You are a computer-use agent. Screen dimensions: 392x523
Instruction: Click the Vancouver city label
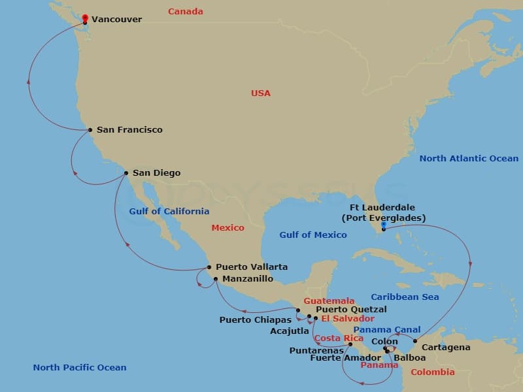116,20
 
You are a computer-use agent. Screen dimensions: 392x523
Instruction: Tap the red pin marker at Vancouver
86,18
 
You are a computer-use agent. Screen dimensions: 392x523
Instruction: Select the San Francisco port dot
90,130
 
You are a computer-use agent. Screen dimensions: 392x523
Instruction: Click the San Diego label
156,173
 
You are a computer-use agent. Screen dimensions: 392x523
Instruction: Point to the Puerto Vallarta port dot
209,267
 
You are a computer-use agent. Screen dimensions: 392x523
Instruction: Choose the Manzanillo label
248,279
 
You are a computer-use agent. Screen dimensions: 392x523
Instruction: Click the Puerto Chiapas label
255,320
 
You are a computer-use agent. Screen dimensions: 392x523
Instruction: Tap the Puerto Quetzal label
351,309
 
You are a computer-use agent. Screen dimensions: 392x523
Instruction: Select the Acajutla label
290,331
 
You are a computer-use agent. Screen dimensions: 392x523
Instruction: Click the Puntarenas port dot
350,344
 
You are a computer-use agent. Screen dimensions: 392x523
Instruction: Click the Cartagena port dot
415,341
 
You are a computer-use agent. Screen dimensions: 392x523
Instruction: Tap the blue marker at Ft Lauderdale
384,225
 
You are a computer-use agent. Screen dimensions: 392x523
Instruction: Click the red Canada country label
186,12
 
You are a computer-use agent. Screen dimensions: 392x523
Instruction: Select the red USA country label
261,93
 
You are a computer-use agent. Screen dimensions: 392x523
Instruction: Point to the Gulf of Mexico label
313,235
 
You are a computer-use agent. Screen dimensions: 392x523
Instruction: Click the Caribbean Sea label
405,297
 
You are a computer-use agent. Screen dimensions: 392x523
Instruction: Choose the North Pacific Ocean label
80,368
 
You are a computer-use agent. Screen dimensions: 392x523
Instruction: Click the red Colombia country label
432,372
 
